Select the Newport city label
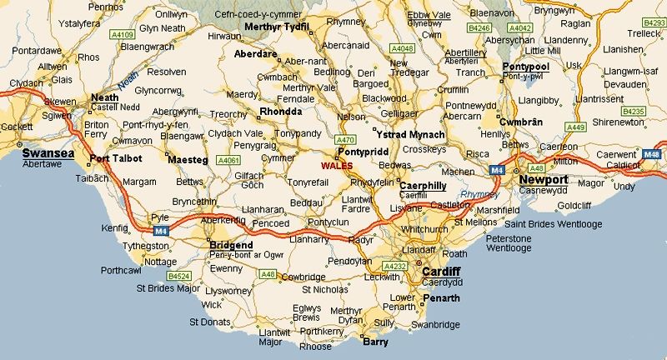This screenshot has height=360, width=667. (544, 179)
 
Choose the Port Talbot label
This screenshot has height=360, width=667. (117, 158)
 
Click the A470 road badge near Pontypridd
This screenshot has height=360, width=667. (344, 140)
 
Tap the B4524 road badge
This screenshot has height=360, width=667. (178, 274)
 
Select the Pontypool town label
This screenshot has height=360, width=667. (525, 66)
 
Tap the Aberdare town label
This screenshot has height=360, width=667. (257, 53)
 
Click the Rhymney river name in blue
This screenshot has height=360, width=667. (477, 193)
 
